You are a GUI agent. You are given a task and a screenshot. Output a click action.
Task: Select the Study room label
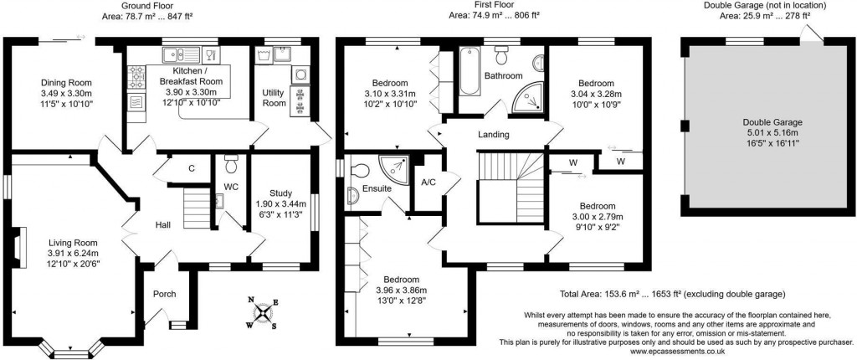coord(280,193)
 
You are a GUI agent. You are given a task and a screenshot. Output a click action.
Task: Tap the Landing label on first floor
coord(494,135)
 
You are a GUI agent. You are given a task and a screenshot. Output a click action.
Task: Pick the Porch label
coord(164,294)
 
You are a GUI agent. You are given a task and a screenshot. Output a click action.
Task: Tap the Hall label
coord(163,225)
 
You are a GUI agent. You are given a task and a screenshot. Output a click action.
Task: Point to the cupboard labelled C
coord(192,169)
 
